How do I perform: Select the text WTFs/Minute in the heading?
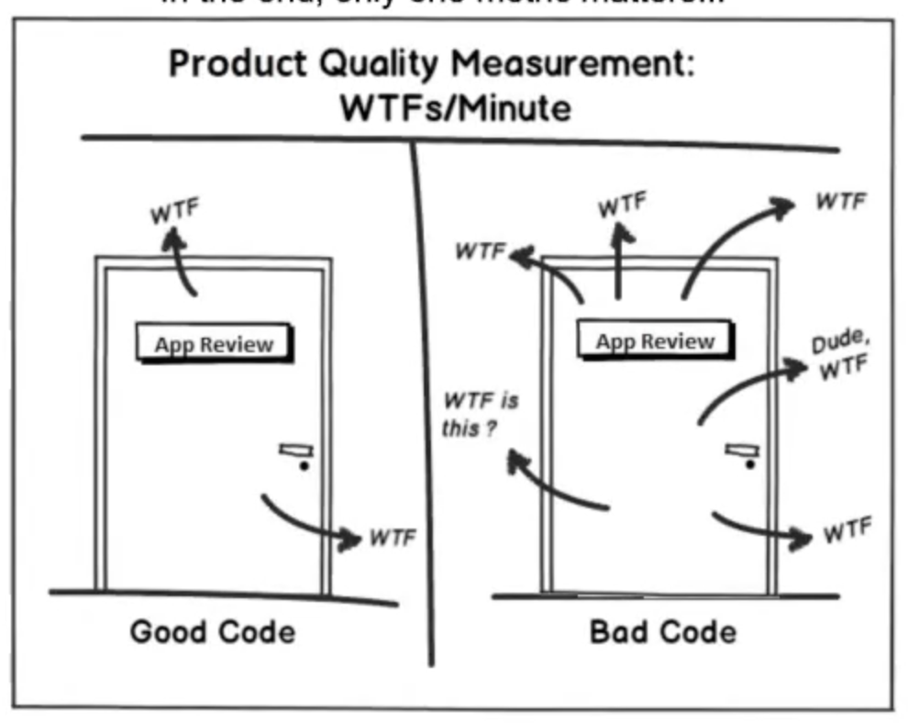point(455,108)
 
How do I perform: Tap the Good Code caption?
point(213,632)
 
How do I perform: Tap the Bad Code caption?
point(662,632)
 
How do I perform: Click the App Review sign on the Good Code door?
point(214,344)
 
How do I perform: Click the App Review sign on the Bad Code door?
point(655,341)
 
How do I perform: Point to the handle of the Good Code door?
point(296,450)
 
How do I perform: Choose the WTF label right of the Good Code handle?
point(392,537)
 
